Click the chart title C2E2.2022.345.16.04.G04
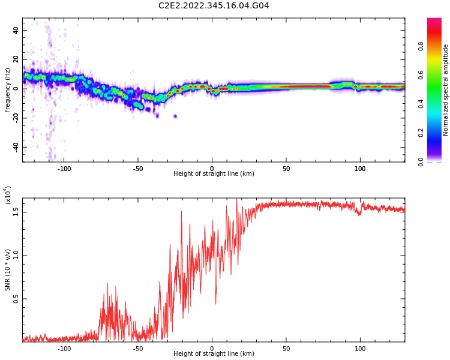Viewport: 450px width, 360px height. [x=214, y=5]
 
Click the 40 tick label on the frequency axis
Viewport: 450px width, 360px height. [x=16, y=30]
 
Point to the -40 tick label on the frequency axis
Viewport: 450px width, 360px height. [x=14, y=147]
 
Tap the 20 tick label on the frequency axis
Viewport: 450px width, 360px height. [x=16, y=59]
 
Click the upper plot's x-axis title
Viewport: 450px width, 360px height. [x=214, y=174]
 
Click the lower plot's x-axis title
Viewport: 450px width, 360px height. [x=214, y=354]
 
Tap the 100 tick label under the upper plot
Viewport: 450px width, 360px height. [x=360, y=169]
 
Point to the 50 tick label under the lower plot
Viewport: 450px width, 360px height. [x=286, y=349]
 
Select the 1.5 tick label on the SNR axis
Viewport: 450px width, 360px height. [x=16, y=211]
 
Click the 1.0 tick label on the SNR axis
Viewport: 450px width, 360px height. [x=16, y=255]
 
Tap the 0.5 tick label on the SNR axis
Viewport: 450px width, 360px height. [x=16, y=299]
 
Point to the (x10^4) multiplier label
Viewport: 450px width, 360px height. [x=7, y=196]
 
